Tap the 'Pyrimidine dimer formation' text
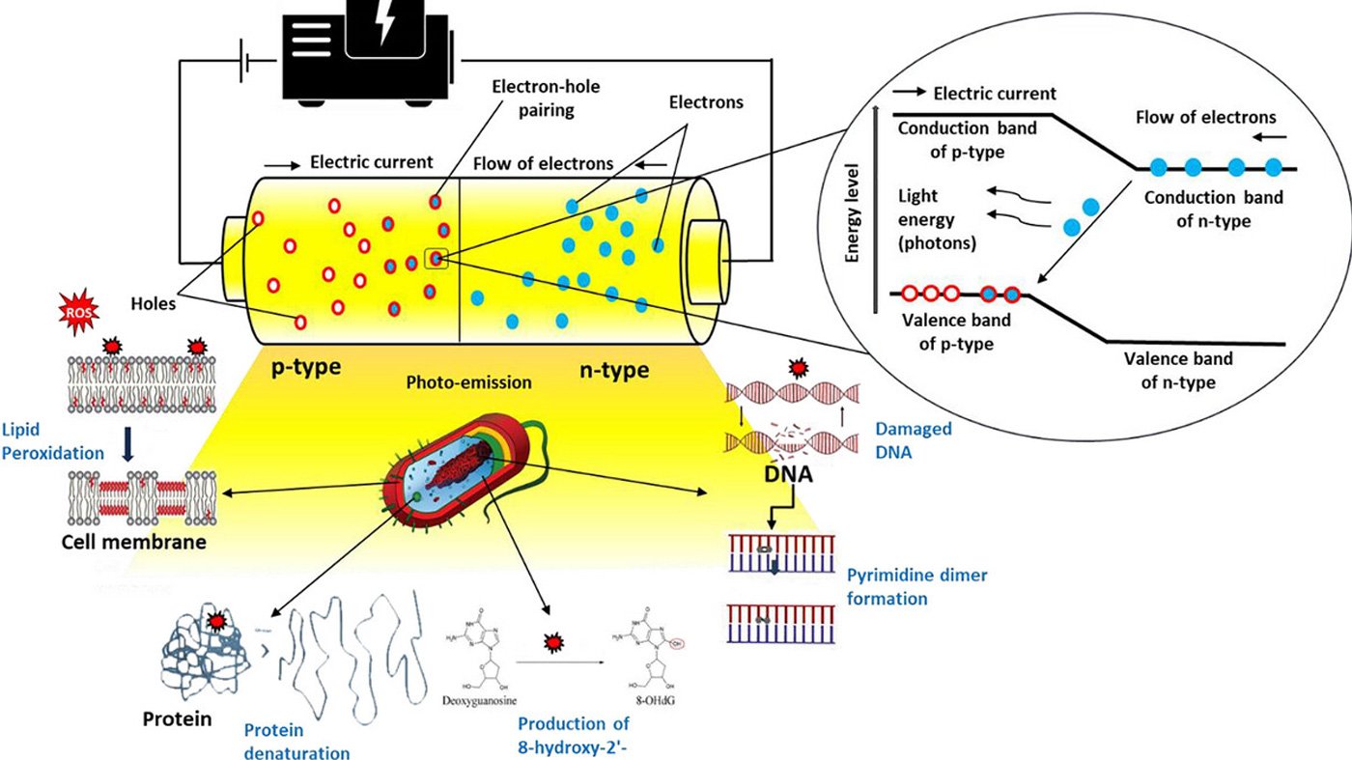pos(916,587)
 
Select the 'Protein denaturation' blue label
pos(296,740)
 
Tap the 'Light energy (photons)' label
pos(938,220)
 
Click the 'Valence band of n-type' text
pos(1178,370)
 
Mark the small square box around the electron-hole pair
pos(437,258)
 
